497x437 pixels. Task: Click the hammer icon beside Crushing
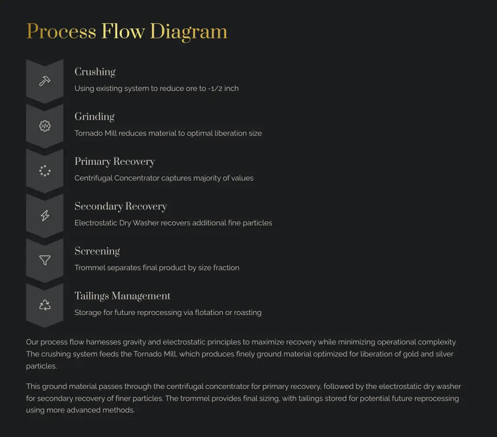[x=45, y=81]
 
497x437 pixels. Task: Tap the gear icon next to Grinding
[x=45, y=126]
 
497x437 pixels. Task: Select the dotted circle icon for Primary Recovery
[x=45, y=171]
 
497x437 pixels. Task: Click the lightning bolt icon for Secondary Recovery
[x=45, y=215]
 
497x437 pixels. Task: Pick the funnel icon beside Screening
[x=45, y=260]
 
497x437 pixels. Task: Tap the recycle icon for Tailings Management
[x=45, y=305]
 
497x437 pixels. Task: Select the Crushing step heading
[x=95, y=72]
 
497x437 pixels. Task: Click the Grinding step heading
[x=95, y=117]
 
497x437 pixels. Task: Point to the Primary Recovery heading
[x=115, y=161]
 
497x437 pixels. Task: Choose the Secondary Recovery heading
[x=121, y=206]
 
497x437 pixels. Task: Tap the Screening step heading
[x=97, y=251]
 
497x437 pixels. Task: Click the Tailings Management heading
[x=122, y=296]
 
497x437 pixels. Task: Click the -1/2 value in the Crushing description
[x=215, y=88]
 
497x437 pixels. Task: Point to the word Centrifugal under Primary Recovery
[x=94, y=178]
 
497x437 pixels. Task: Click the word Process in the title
[x=61, y=32]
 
